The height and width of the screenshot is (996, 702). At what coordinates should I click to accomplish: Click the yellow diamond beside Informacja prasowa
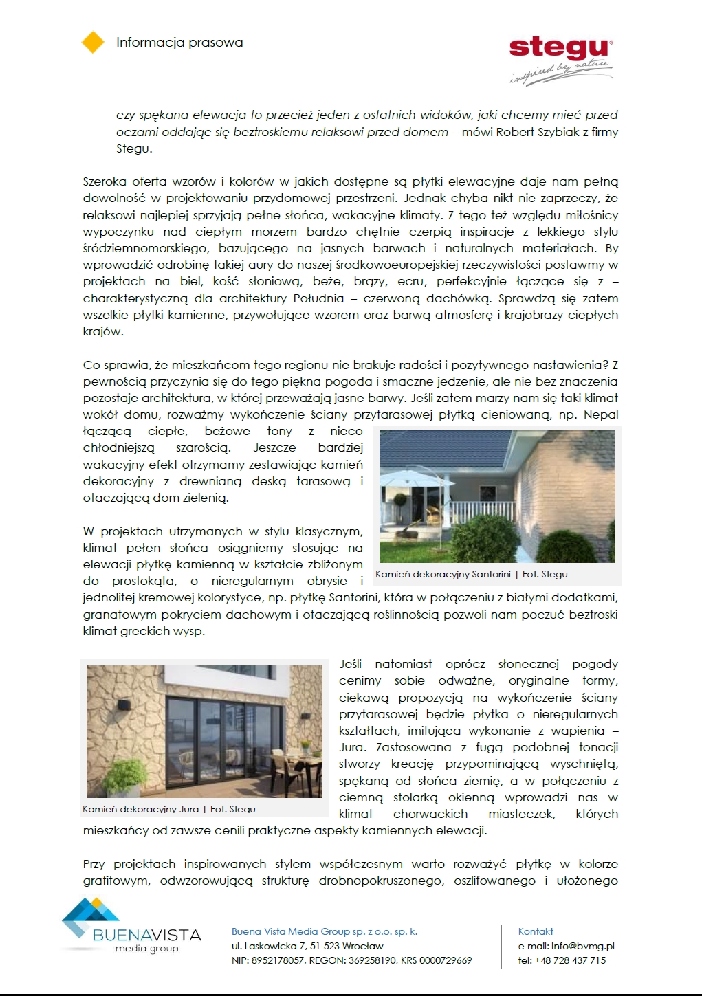[x=93, y=42]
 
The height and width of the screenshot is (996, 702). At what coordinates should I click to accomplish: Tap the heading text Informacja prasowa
[x=179, y=43]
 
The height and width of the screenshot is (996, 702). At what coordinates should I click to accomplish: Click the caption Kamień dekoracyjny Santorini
[x=443, y=574]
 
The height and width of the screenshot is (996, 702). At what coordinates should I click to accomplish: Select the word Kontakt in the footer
[x=536, y=931]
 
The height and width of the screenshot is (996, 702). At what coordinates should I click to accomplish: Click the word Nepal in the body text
[x=601, y=414]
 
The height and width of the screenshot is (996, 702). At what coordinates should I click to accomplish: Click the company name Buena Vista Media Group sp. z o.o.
[x=324, y=931]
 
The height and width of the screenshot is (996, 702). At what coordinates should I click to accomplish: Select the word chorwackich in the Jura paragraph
[x=430, y=814]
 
